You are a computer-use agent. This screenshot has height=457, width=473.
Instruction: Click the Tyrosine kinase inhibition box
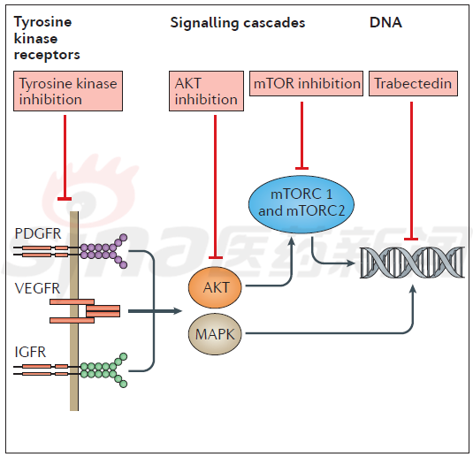(x=68, y=91)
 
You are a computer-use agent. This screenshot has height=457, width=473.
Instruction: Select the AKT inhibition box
(x=206, y=91)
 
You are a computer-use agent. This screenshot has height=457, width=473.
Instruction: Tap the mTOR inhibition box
(x=306, y=84)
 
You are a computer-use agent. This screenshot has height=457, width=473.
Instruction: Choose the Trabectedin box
(x=413, y=84)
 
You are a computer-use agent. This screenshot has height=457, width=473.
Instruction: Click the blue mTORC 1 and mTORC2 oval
(x=301, y=204)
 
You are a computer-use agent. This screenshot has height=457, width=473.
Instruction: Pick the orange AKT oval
(x=215, y=287)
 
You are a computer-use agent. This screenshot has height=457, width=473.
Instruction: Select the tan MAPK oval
(x=215, y=334)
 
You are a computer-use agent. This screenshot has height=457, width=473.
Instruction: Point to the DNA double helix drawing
(x=412, y=263)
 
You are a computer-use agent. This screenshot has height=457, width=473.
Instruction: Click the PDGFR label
(x=38, y=233)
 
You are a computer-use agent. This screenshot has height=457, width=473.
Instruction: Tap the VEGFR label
(x=37, y=288)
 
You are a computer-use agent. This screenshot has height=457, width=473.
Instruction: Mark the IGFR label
(x=30, y=352)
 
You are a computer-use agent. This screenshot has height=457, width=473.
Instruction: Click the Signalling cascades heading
(x=238, y=23)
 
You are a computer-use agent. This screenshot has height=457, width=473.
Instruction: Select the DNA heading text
(x=385, y=23)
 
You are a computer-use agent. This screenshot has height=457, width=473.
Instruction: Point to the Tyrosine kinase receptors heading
(x=47, y=38)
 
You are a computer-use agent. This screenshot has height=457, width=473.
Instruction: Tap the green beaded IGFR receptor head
(x=103, y=370)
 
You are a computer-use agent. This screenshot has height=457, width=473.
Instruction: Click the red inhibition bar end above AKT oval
(x=216, y=257)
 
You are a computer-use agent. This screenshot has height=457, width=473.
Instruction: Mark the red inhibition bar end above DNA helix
(x=411, y=239)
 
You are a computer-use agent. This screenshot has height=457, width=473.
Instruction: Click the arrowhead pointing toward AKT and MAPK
(x=179, y=310)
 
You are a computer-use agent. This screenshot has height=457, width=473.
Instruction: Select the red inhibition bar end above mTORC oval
(x=301, y=168)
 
